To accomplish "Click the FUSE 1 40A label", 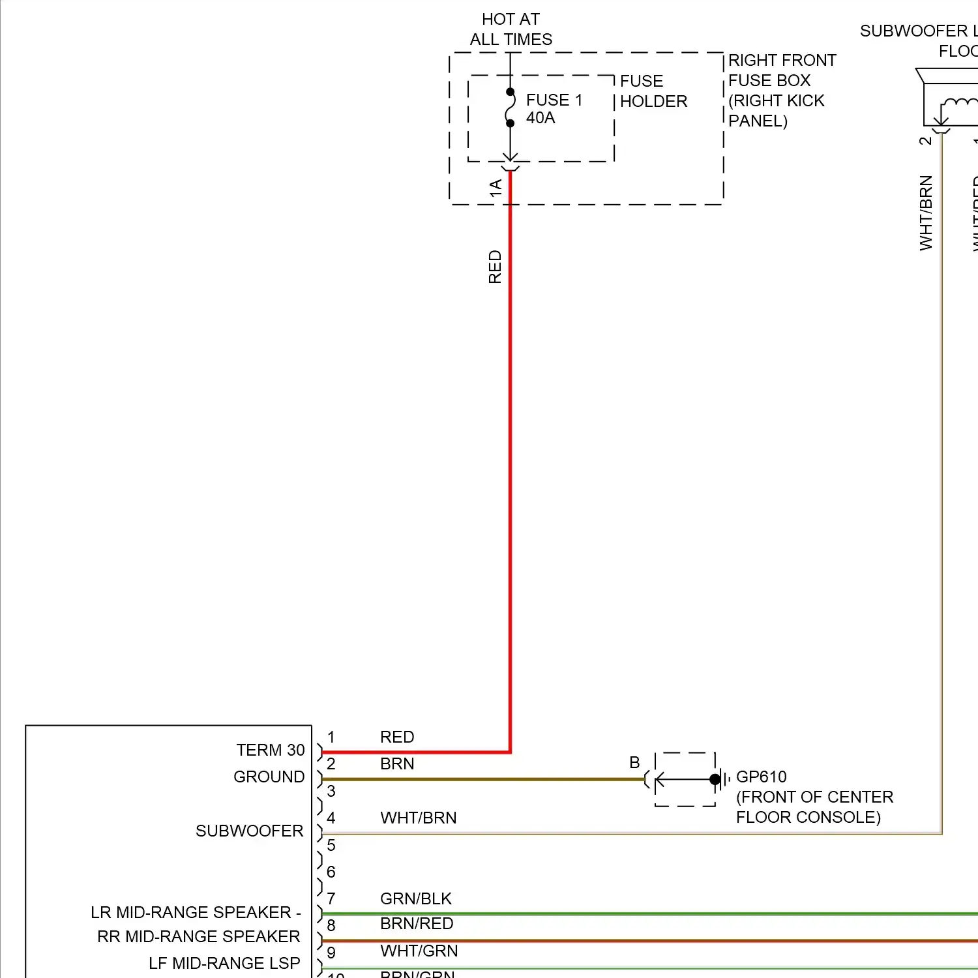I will click(554, 109).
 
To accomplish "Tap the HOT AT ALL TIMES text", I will click(511, 29).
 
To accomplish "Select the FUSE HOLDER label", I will click(653, 91).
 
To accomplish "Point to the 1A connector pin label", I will click(496, 188).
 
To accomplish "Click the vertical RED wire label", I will click(495, 267).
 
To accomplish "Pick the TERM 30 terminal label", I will click(270, 750).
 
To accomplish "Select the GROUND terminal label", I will click(269, 777).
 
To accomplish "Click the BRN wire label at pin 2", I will click(397, 763).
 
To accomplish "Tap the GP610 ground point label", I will click(761, 777).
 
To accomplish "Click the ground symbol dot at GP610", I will click(715, 779).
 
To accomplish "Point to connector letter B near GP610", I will click(634, 762).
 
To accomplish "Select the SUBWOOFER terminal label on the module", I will click(249, 831).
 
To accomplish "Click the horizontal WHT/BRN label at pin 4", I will click(418, 818).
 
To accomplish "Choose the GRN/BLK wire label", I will click(415, 898).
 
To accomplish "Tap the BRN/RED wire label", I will click(416, 923).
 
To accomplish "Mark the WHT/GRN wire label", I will click(419, 951).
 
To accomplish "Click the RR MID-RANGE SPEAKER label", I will click(198, 936).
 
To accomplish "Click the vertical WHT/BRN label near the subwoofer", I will click(926, 213).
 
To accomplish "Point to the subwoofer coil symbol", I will click(958, 104).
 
